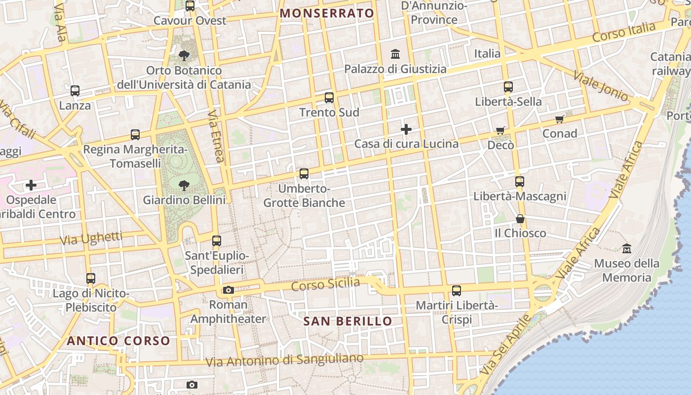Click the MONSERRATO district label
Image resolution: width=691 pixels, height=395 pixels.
click(x=327, y=13)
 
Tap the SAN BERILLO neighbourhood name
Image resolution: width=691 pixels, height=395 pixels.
click(x=347, y=321)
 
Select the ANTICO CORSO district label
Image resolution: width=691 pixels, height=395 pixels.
click(x=118, y=341)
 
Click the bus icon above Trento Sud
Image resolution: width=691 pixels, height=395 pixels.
click(x=329, y=98)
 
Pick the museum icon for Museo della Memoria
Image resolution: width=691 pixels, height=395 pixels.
click(x=627, y=248)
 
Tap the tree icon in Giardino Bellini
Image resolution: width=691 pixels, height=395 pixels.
click(x=184, y=186)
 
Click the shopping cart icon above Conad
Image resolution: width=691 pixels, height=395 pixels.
click(x=559, y=119)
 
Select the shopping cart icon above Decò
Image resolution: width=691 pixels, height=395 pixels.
click(x=500, y=131)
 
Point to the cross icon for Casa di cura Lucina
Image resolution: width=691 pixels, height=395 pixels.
click(x=406, y=129)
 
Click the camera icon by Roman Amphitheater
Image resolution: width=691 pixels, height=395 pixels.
click(x=228, y=290)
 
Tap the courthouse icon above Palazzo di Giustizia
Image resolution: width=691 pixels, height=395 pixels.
click(x=395, y=54)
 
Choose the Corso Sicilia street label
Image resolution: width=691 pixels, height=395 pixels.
click(x=325, y=285)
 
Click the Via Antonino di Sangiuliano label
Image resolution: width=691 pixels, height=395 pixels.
click(x=284, y=360)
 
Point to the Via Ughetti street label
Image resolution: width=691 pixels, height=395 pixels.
click(x=91, y=239)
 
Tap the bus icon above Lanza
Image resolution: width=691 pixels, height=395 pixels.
click(x=75, y=91)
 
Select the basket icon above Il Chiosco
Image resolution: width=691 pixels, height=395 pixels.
click(x=520, y=219)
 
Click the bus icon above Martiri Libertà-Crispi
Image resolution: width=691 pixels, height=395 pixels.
click(x=457, y=290)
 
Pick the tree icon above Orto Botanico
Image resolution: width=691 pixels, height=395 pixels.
click(x=184, y=56)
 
